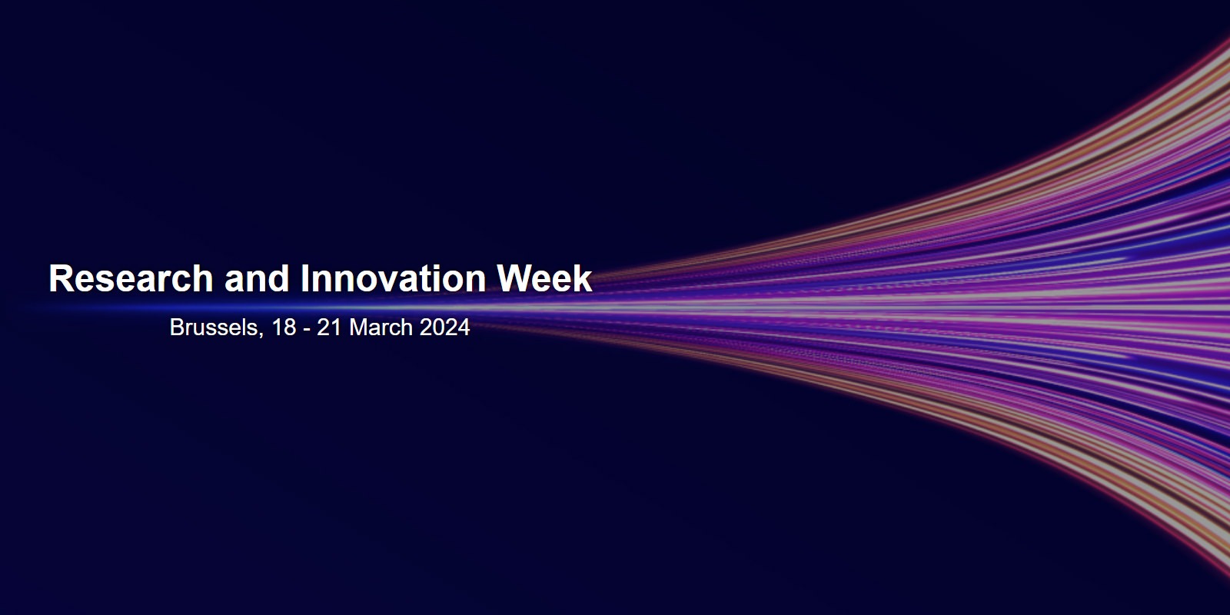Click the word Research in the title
tap(131, 278)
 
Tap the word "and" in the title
tap(257, 278)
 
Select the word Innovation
tap(393, 278)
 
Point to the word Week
tap(544, 278)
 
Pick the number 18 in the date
tap(284, 327)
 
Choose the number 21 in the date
tap(330, 327)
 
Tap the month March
tap(381, 327)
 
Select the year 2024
tap(445, 327)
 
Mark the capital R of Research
tap(61, 278)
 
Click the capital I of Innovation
tap(304, 278)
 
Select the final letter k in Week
tap(582, 278)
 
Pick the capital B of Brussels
tap(177, 327)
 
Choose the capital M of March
tap(358, 327)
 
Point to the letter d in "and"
tap(280, 278)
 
